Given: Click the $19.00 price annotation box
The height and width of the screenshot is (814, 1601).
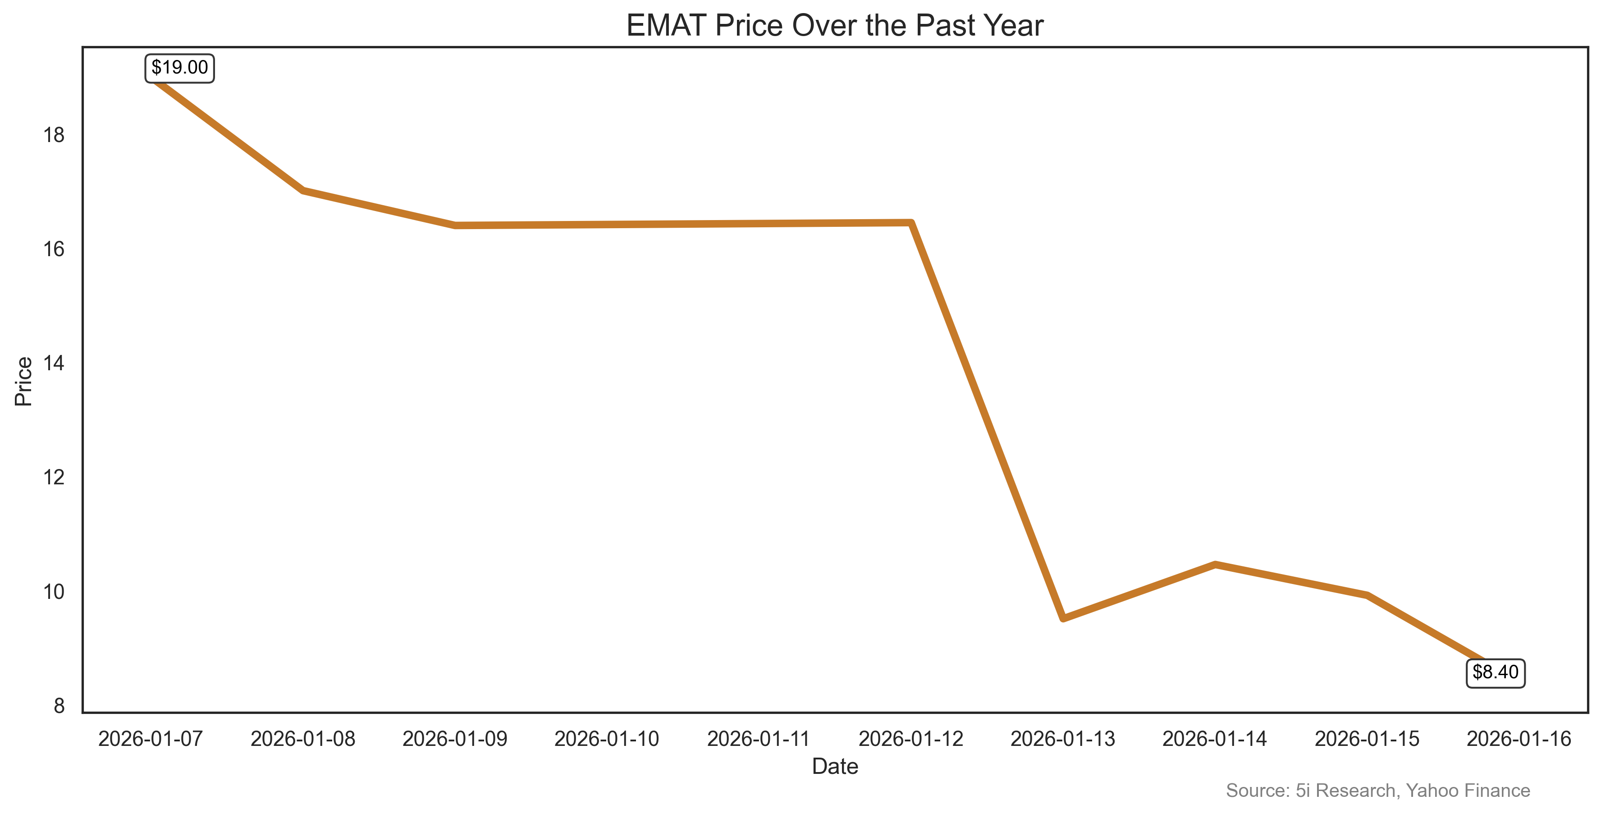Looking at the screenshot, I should tap(179, 68).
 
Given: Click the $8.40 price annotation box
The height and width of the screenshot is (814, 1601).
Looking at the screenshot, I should tap(1496, 673).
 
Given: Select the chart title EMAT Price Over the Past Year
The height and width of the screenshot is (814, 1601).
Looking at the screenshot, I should tap(835, 26).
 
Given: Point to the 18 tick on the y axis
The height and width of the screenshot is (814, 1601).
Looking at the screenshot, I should tap(54, 135).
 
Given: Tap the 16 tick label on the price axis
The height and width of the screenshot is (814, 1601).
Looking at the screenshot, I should tap(54, 249).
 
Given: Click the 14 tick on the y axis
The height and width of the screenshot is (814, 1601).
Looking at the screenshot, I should tap(54, 363).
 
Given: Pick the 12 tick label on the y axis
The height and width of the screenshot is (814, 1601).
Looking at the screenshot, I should tap(54, 478).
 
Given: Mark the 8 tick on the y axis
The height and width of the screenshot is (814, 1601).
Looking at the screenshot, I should tap(59, 706).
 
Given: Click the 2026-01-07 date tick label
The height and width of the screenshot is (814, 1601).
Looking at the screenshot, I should tap(151, 739).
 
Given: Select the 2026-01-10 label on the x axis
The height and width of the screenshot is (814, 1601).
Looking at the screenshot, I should tap(607, 739).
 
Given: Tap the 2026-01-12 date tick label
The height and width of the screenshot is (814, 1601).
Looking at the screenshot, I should tap(910, 739).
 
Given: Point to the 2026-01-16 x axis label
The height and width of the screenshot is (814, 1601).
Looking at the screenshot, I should tap(1519, 739).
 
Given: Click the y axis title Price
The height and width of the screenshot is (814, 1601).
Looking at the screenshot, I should tap(23, 381).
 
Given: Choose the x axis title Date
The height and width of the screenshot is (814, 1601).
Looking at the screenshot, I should tap(835, 767).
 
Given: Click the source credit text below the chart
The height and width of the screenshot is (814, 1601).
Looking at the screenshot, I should tap(1377, 791).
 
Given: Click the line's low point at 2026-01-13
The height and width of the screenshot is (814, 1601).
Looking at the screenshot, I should tap(1063, 618).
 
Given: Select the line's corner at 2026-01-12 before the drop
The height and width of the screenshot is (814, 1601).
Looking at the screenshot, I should tap(910, 223).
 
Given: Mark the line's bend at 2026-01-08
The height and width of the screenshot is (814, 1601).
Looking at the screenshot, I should tap(303, 190).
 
